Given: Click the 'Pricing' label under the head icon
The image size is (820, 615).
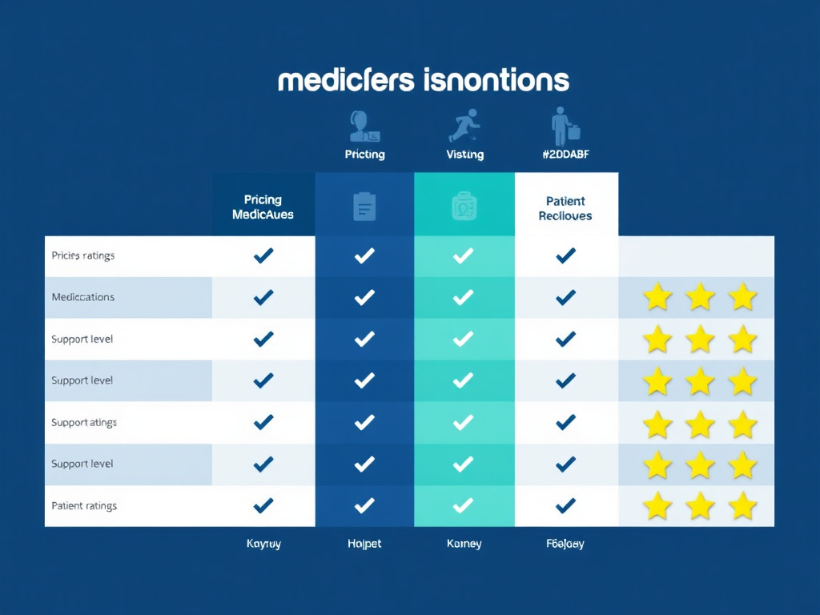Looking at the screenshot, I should [364, 154].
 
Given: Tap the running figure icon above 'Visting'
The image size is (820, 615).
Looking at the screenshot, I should [464, 126].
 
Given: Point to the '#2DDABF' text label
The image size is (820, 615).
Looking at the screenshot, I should [565, 154].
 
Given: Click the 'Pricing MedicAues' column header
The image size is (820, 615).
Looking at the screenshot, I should [263, 207].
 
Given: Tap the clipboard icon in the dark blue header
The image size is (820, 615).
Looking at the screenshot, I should [364, 207].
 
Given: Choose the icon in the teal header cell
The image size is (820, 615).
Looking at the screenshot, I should [464, 207].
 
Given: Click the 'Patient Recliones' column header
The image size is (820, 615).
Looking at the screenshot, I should [565, 208].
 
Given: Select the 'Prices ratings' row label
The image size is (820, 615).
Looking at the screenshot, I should [82, 255].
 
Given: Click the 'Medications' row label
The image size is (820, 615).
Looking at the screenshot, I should [82, 297].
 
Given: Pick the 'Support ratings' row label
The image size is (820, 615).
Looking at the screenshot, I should [84, 422].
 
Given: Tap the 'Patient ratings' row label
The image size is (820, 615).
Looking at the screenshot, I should [84, 505].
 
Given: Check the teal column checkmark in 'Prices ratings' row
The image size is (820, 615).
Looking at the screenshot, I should [464, 255].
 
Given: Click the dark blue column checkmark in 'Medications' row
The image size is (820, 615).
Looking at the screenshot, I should [364, 297].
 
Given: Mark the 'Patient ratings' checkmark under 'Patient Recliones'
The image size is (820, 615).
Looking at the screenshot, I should [565, 505].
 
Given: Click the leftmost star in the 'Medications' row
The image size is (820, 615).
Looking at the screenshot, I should [657, 298].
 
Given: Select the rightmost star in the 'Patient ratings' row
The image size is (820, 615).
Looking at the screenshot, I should [743, 506].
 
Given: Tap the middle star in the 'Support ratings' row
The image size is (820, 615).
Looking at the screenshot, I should [701, 423].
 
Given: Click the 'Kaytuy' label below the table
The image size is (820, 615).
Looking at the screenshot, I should [263, 544].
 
